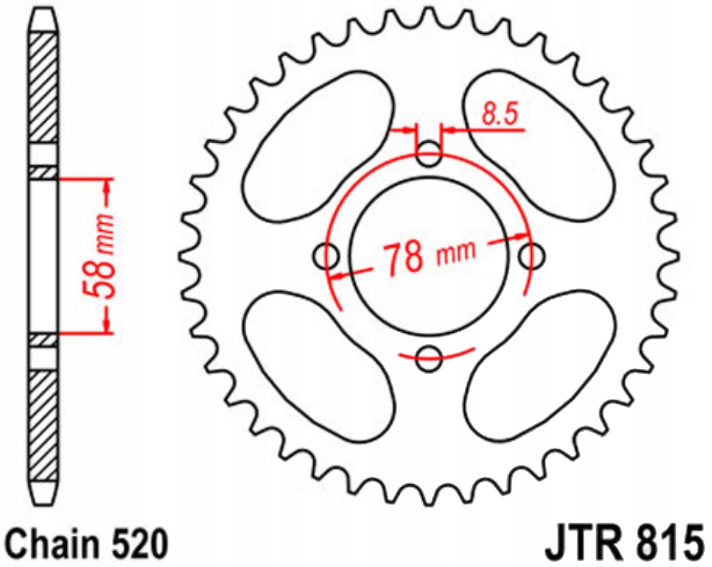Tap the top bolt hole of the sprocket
point(429,157)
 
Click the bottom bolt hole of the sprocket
point(429,358)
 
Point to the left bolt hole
point(327,256)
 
